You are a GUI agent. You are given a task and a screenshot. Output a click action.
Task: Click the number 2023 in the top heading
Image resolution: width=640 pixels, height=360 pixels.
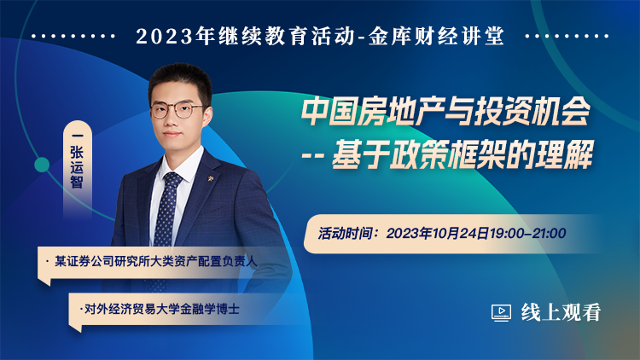164,37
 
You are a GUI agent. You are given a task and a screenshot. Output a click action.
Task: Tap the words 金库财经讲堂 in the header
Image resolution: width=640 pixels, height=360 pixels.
437,36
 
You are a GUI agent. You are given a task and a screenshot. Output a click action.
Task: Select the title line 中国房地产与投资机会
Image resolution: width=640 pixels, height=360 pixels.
446,112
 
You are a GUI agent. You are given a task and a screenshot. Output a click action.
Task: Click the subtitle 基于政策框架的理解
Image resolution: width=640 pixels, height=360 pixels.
462,154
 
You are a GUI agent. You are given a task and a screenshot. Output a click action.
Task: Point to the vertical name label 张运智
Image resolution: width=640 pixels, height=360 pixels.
77,167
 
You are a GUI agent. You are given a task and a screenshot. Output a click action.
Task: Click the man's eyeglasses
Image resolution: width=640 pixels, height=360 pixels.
177,110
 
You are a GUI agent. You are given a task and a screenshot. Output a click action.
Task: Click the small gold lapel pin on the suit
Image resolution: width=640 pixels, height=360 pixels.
211,178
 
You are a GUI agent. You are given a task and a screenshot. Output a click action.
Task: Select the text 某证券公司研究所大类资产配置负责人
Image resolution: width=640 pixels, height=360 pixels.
156,261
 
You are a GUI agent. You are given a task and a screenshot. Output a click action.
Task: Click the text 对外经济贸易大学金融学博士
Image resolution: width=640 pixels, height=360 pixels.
161,309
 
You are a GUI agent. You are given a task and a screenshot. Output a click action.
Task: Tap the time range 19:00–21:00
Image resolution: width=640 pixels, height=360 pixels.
527,234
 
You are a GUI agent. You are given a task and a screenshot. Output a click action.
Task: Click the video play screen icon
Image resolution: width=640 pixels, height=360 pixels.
501,313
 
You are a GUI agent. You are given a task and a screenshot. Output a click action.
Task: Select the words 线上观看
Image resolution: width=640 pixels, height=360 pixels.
561,312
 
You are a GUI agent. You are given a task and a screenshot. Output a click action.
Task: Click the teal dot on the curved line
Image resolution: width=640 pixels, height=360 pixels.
42,165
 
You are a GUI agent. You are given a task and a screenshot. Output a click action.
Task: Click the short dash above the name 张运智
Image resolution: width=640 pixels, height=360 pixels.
77,136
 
